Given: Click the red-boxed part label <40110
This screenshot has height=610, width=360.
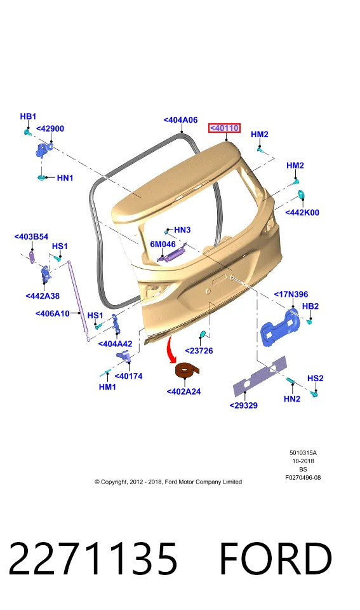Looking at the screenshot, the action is click(224, 128).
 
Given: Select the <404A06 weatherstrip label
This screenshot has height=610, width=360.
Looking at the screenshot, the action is click(180, 120).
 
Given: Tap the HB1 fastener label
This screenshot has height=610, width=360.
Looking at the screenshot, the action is click(28, 116).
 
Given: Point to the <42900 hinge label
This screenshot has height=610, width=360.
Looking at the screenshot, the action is click(50, 129).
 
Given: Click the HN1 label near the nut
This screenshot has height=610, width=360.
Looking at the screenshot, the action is click(65, 178).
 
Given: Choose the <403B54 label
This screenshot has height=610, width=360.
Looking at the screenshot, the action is click(31, 236).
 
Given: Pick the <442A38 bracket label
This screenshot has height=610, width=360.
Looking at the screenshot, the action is click(43, 295).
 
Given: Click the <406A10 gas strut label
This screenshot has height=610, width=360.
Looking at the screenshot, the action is click(53, 313).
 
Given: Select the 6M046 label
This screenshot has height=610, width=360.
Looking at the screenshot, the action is click(163, 244).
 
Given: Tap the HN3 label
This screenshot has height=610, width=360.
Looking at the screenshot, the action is click(182, 230).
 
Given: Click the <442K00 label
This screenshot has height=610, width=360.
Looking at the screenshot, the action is click(302, 212).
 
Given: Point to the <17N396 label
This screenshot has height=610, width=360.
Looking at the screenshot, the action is click(291, 294).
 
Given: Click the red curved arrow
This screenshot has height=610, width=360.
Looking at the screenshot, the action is click(170, 349).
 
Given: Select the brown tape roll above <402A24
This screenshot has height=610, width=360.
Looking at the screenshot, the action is click(187, 370).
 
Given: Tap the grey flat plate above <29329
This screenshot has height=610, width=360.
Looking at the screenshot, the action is click(259, 376).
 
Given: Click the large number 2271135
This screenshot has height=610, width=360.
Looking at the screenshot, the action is click(93, 559).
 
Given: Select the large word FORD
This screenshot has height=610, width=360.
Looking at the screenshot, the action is click(276, 559).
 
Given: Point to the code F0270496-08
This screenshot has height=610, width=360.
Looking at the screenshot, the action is click(303, 477).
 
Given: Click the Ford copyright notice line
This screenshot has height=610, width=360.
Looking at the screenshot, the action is click(168, 482).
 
